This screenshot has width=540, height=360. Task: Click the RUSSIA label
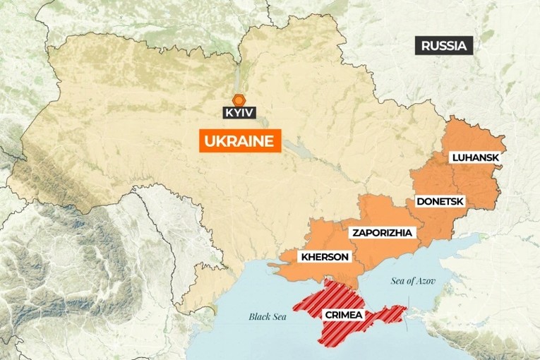point(445,47)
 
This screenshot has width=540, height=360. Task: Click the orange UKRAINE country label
point(238,141)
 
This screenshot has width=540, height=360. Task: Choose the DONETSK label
point(439,201)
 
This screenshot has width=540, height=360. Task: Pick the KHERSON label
point(324,256)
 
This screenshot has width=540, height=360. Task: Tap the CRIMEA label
point(344,315)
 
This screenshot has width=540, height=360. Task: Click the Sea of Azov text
point(414,281)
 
